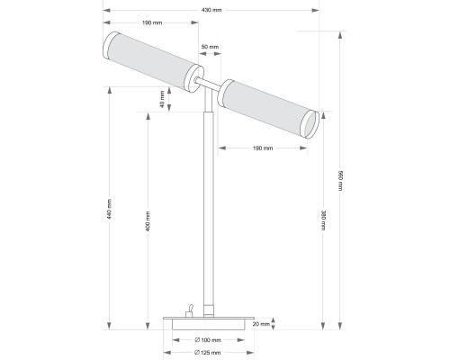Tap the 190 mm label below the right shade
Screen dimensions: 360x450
coord(262,148)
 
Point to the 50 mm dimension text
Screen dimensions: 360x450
coord(210,46)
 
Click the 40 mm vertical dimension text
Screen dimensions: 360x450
coord(163,99)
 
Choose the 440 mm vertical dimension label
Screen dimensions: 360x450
coord(109,210)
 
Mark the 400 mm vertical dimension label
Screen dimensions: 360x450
coord(148,221)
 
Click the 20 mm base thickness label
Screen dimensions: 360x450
coord(261,325)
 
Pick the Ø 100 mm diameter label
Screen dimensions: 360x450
coord(208,339)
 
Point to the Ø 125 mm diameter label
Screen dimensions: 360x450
coord(208,352)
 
